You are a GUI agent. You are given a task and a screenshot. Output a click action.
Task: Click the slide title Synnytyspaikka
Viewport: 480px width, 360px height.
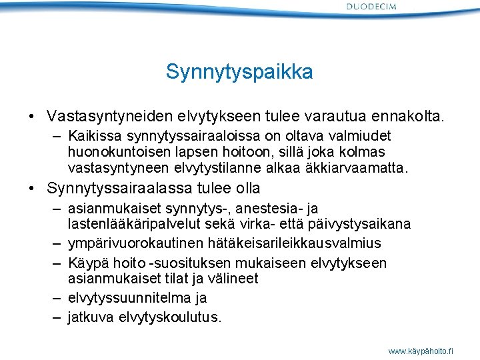click(x=239, y=72)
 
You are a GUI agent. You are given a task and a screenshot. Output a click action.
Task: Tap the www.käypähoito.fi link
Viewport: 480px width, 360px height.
click(x=421, y=350)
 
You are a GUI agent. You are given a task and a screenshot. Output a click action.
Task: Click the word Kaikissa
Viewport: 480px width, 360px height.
click(x=92, y=138)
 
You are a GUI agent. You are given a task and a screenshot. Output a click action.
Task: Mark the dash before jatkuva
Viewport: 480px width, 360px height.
click(x=59, y=317)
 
